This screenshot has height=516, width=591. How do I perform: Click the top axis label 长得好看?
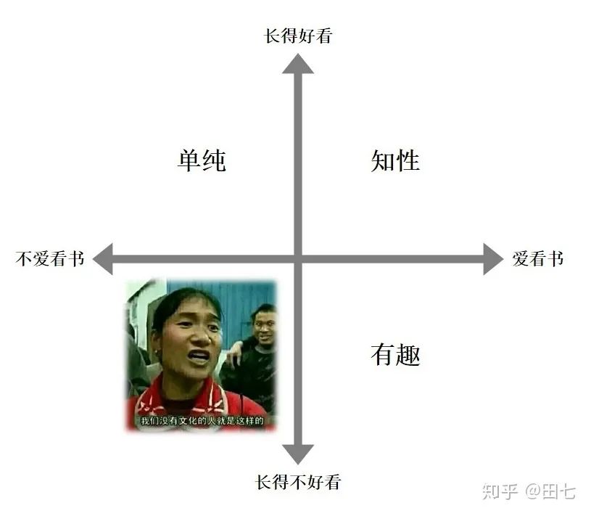tap(298, 36)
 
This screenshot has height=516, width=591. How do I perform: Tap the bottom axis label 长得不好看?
tap(298, 483)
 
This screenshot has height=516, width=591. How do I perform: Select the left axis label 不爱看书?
tap(50, 259)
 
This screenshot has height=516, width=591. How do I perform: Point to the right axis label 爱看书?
tap(538, 259)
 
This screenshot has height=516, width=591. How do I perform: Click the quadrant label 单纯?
tap(202, 160)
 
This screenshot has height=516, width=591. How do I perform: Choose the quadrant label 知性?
tap(395, 160)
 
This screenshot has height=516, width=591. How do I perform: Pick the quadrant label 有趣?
tap(395, 355)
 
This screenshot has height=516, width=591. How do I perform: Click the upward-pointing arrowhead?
tap(298, 63)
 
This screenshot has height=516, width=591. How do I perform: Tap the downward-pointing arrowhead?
tap(298, 454)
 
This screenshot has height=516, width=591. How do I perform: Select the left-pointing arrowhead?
tap(103, 259)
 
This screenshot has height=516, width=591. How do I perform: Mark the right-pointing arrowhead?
tap(493, 259)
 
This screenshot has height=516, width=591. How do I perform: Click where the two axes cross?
tap(298, 259)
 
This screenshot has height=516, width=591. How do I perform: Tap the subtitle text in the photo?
tap(202, 421)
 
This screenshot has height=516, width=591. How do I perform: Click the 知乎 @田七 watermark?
tap(529, 492)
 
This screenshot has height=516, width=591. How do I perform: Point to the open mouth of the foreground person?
tap(199, 356)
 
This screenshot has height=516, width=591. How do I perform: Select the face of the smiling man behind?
tap(264, 327)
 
